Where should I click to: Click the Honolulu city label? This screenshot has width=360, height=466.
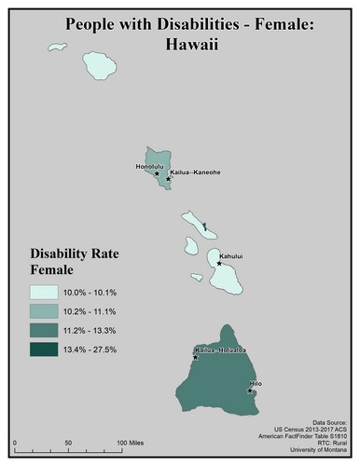pyautogui.click(x=149, y=166)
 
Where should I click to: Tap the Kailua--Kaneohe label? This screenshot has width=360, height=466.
pyautogui.click(x=195, y=173)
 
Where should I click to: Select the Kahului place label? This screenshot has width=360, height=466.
pyautogui.click(x=231, y=254)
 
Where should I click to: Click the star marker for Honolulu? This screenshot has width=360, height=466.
pyautogui.click(x=156, y=173)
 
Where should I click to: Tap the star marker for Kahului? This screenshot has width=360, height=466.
pyautogui.click(x=219, y=263)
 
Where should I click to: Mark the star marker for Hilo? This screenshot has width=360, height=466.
pyautogui.click(x=250, y=391)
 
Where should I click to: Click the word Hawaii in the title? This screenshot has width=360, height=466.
pyautogui.click(x=179, y=43)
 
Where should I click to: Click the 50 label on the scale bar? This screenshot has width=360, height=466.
pyautogui.click(x=67, y=441)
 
